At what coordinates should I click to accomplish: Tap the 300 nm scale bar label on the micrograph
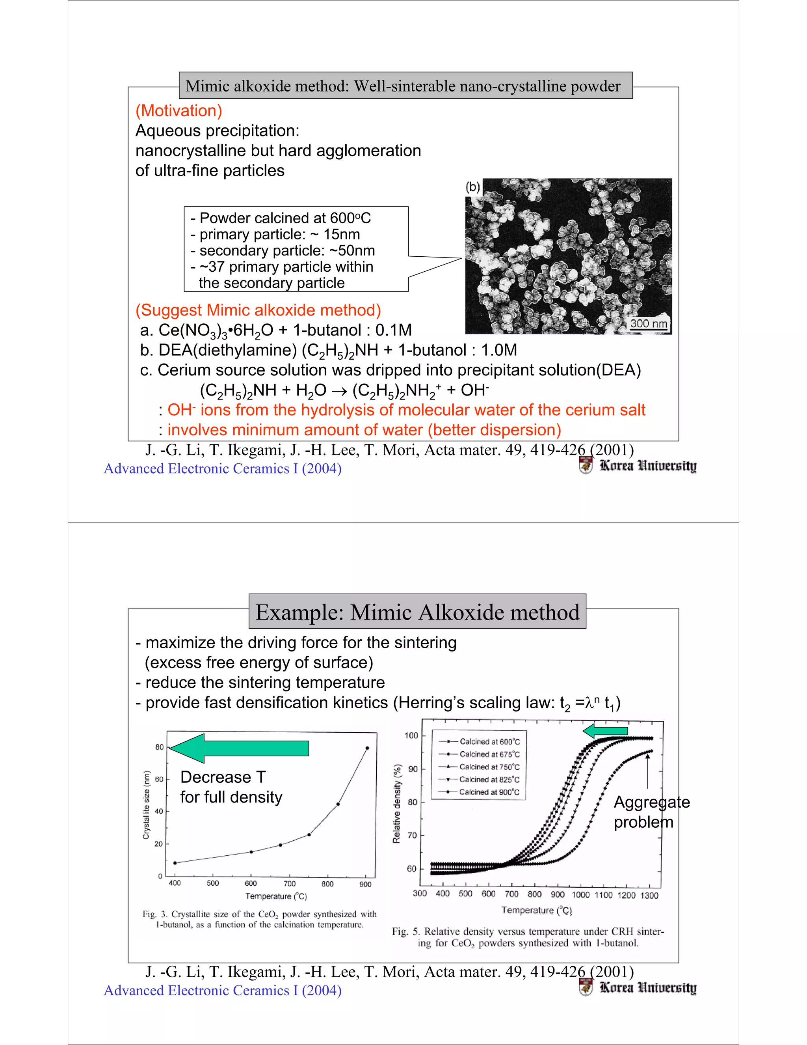click(x=648, y=323)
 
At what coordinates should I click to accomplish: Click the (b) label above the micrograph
click(x=473, y=187)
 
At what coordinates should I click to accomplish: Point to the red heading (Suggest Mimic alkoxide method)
click(x=258, y=310)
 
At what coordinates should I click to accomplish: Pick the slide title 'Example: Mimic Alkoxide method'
click(x=417, y=612)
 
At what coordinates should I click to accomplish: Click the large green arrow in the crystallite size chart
click(x=239, y=748)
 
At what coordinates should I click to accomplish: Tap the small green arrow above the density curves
click(x=605, y=731)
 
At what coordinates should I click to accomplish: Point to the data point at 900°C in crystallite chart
click(x=367, y=748)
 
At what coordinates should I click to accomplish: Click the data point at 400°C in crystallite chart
click(x=175, y=863)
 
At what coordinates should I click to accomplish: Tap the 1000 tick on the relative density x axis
click(x=580, y=895)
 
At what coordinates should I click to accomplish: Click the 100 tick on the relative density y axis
click(x=411, y=735)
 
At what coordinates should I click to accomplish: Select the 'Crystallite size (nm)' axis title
click(x=146, y=805)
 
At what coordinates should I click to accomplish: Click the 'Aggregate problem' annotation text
click(x=651, y=812)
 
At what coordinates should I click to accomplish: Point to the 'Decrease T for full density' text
click(x=231, y=787)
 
